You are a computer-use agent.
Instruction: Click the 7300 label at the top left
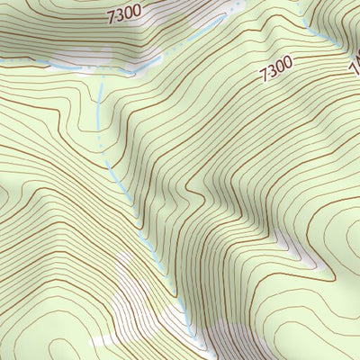[x=124, y=14]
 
